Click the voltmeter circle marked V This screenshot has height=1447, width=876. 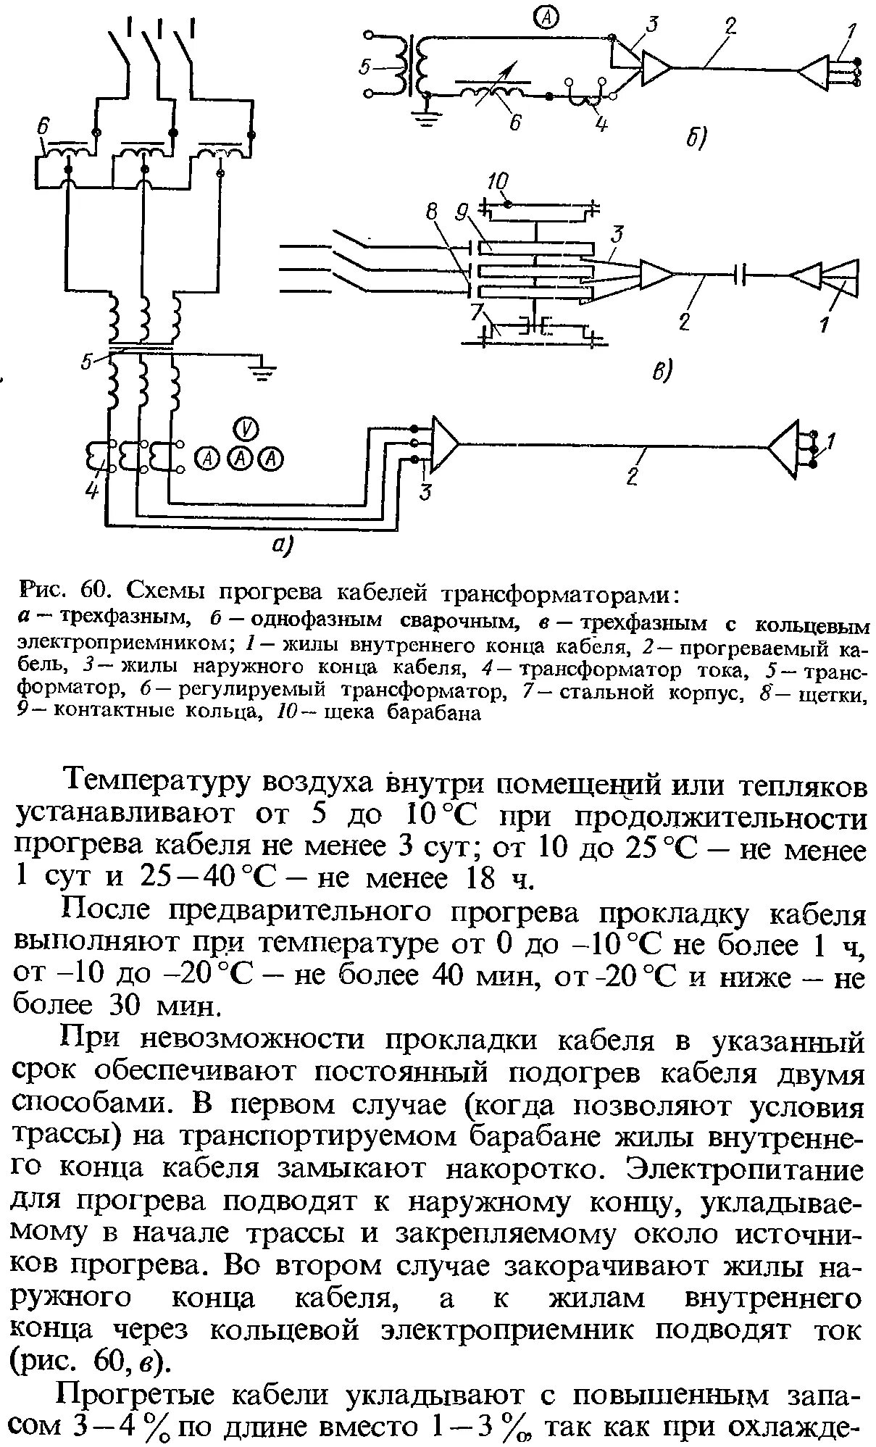pos(248,428)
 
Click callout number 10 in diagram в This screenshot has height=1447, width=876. pos(499,180)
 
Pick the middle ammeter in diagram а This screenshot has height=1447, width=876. pos(241,458)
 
